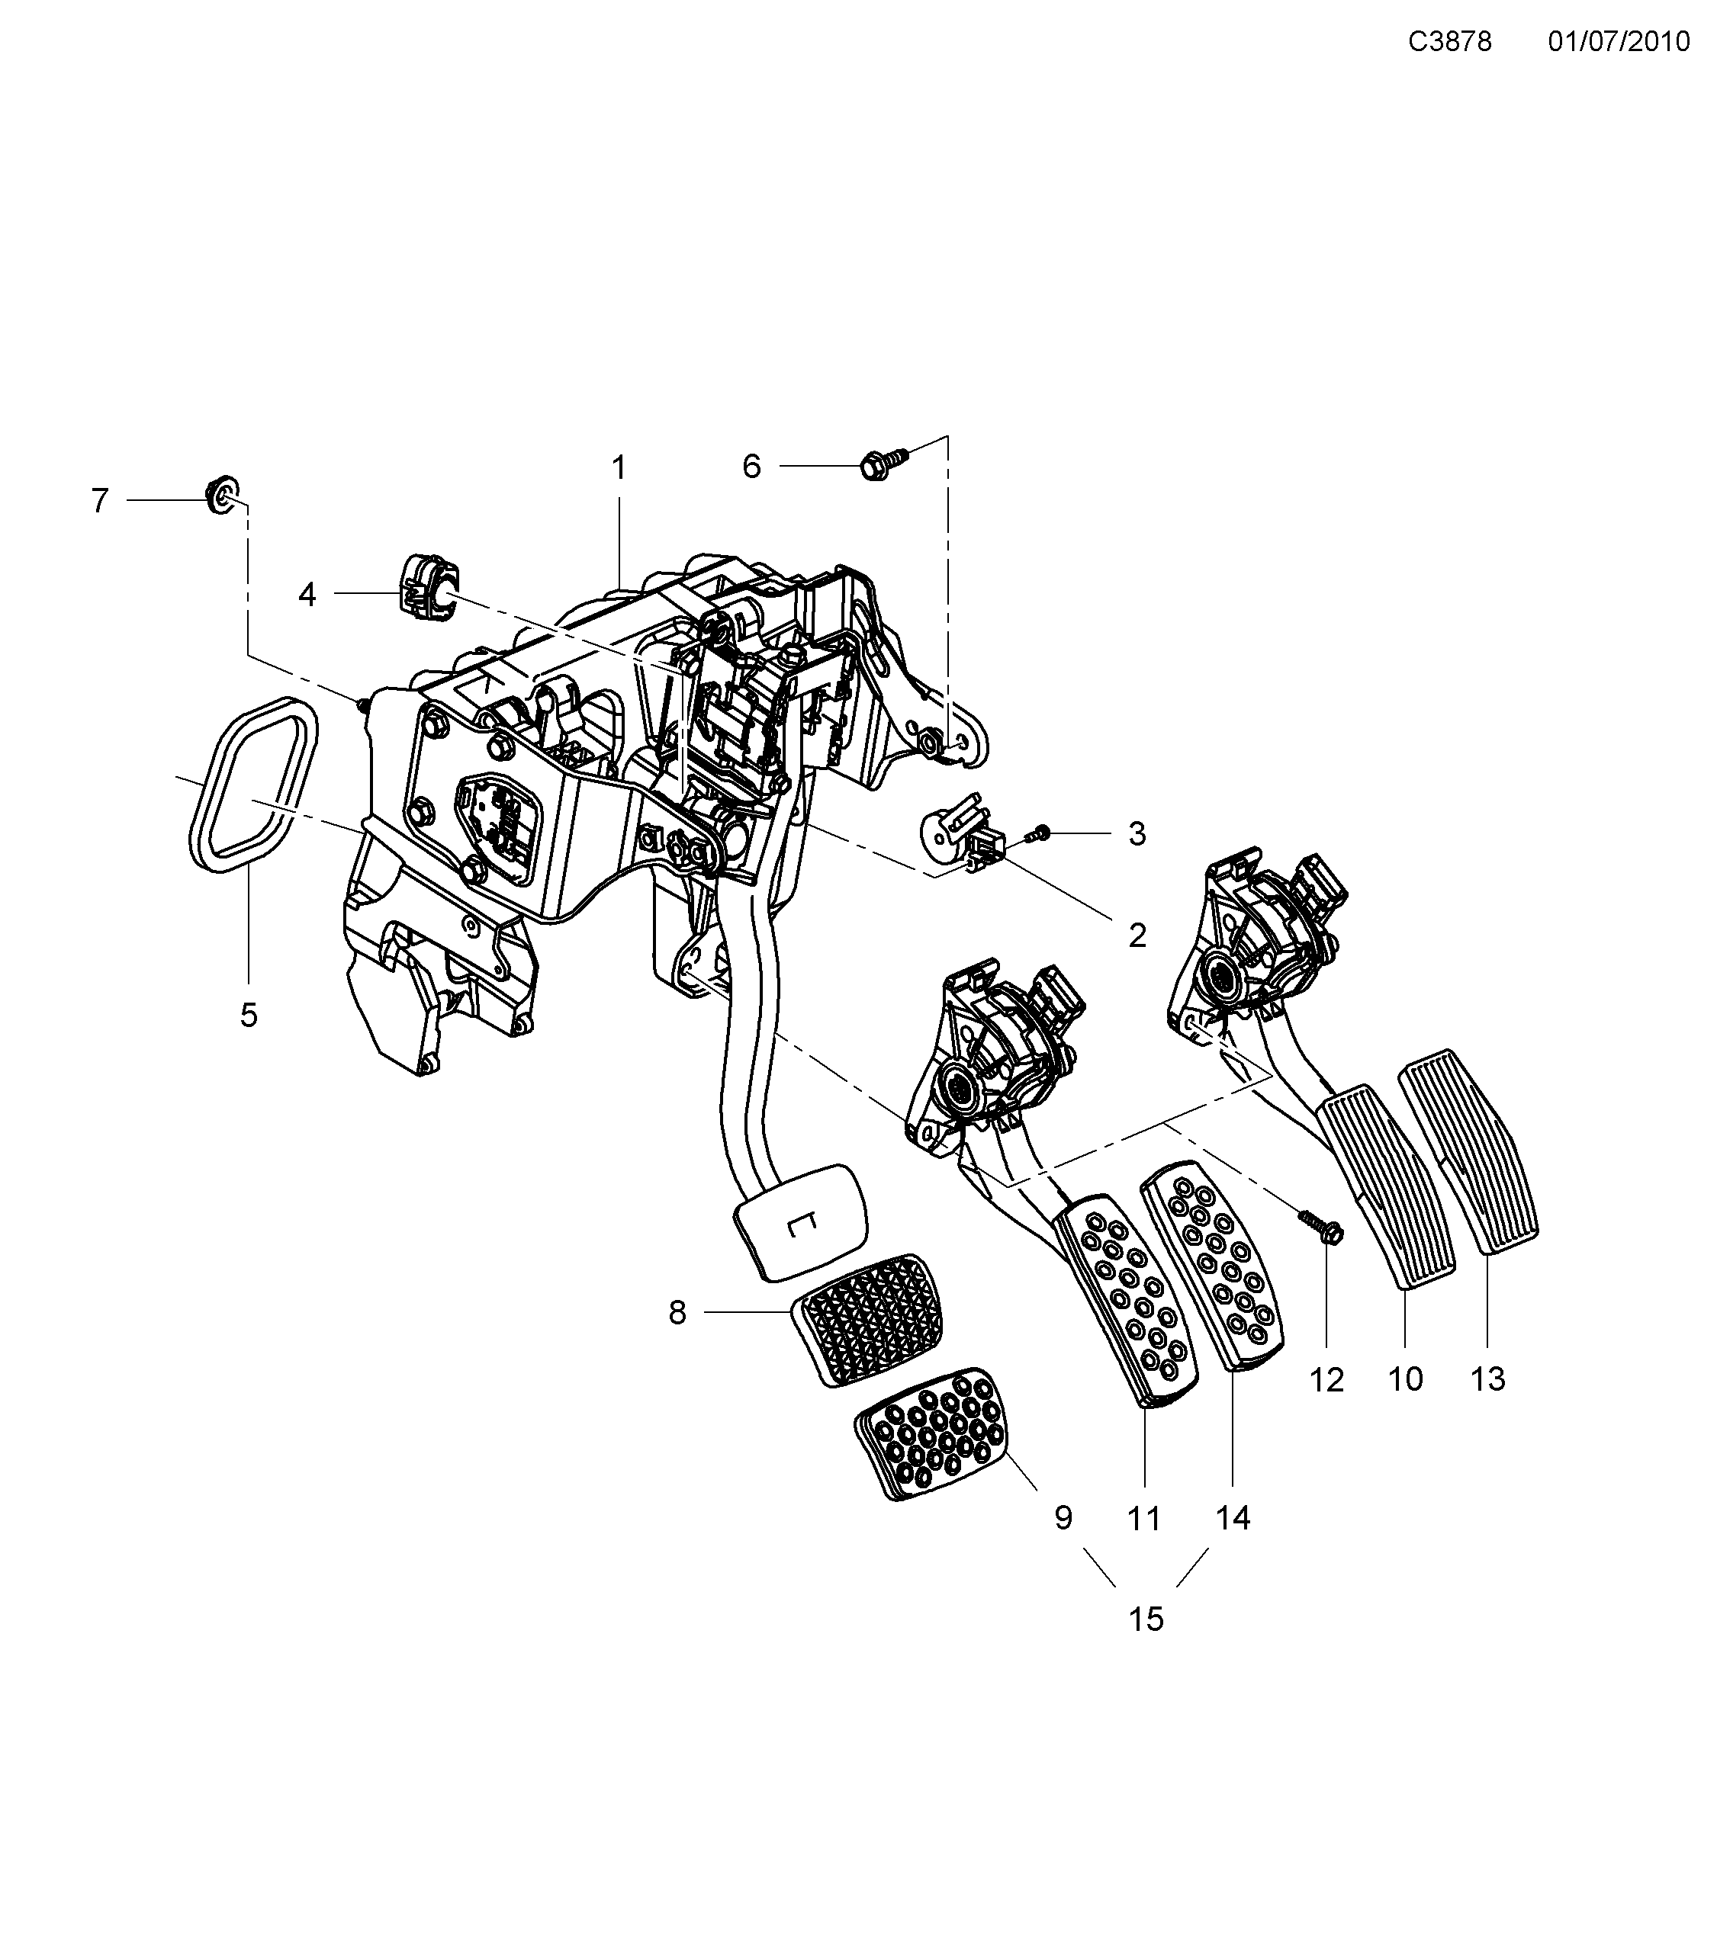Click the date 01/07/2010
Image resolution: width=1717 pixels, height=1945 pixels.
pyautogui.click(x=1618, y=42)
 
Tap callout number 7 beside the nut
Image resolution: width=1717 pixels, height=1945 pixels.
pyautogui.click(x=100, y=500)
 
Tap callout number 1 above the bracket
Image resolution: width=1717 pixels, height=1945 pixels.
pyautogui.click(x=619, y=468)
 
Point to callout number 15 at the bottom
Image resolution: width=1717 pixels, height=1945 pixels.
pyautogui.click(x=1146, y=1619)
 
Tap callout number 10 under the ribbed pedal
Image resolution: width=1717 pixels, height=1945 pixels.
pyautogui.click(x=1405, y=1379)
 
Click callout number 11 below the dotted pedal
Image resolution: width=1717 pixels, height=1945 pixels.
pyautogui.click(x=1143, y=1519)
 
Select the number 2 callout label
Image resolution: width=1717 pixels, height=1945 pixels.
pyautogui.click(x=1137, y=936)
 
